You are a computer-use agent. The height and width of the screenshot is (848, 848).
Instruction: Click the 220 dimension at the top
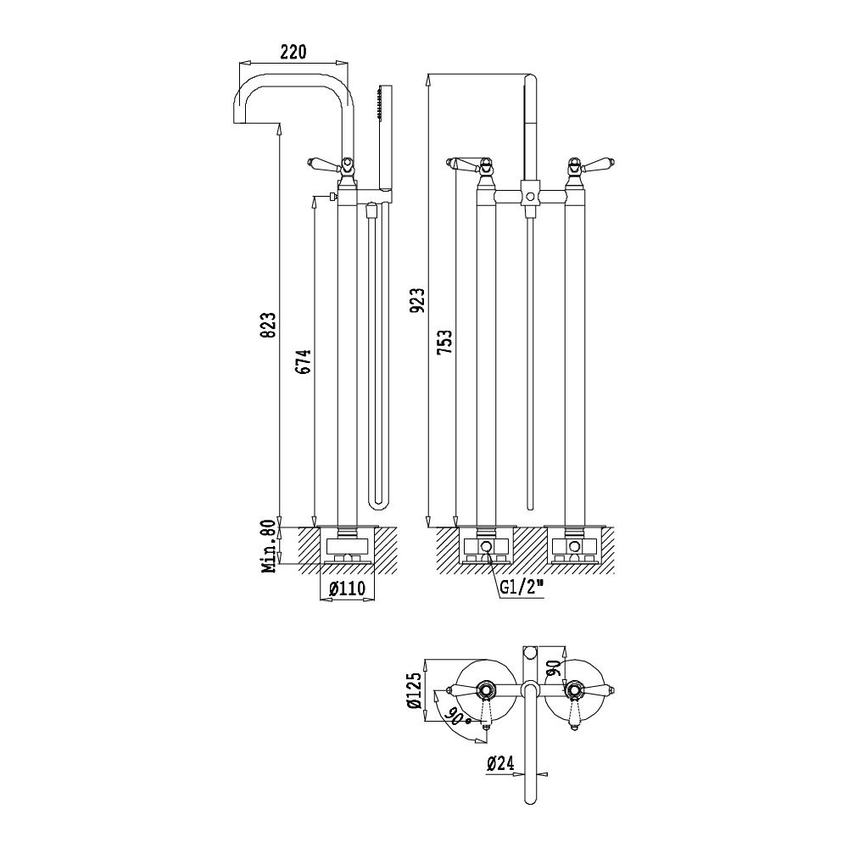[x=293, y=52]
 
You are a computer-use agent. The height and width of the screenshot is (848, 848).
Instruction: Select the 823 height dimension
[x=270, y=324]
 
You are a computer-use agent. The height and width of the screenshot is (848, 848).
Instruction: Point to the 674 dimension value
[x=304, y=362]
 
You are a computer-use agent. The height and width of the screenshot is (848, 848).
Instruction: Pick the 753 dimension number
[x=445, y=342]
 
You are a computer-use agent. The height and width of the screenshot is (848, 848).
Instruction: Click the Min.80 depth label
[x=270, y=547]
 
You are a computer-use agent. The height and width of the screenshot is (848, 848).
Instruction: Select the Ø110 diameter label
[x=347, y=589]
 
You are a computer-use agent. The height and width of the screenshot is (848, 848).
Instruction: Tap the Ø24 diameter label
[x=500, y=763]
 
